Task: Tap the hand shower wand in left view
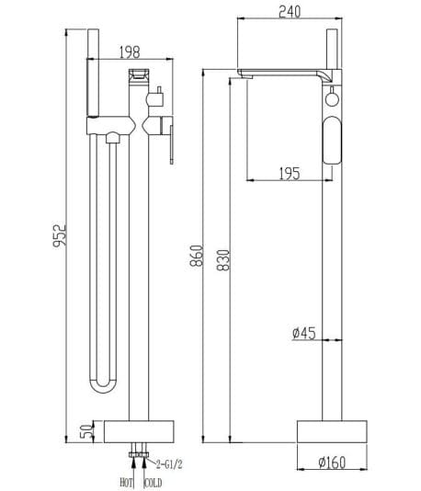(x=92, y=74)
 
